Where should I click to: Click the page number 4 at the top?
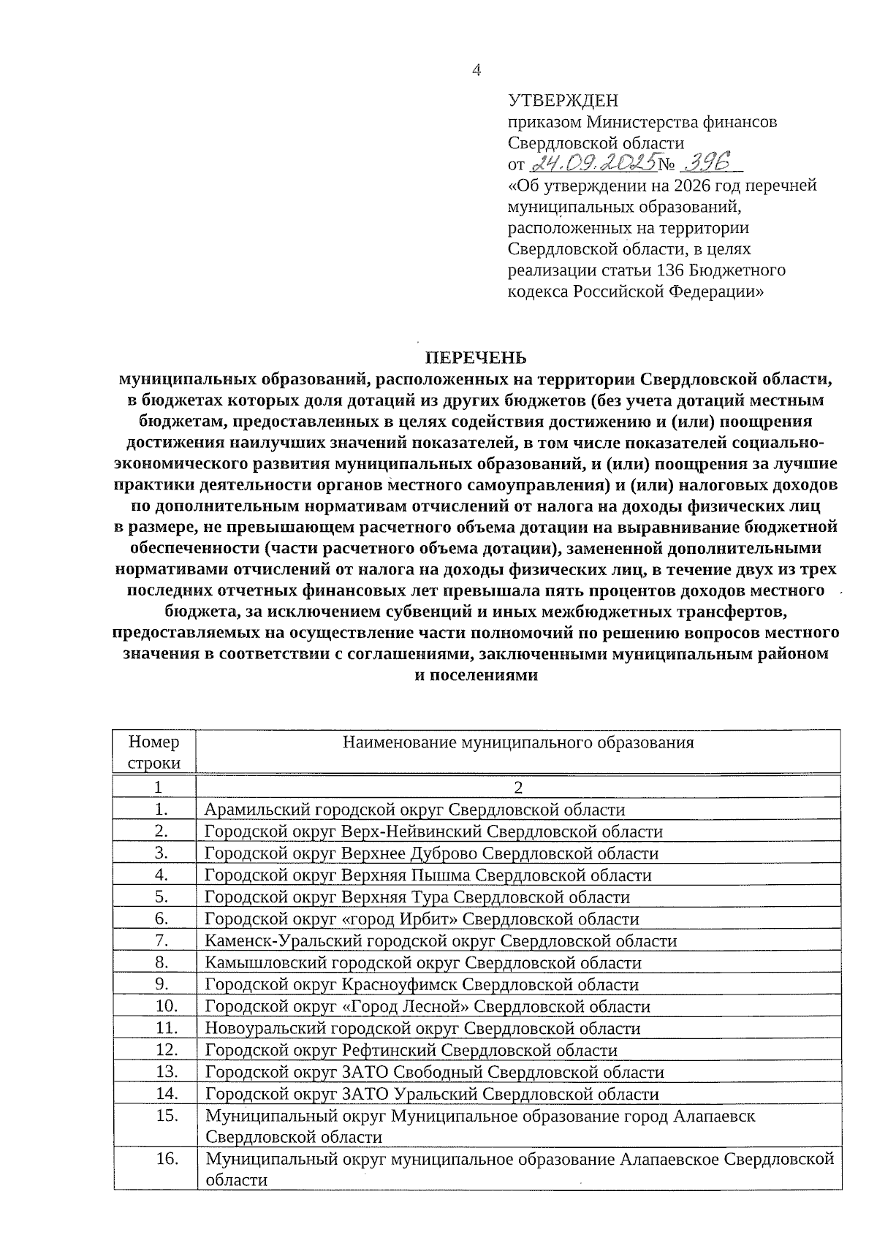click(x=477, y=70)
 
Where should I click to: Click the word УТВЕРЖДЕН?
click(x=563, y=100)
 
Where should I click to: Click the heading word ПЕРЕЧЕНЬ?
click(x=476, y=357)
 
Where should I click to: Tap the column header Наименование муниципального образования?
click(x=518, y=743)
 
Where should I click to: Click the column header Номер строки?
click(x=154, y=753)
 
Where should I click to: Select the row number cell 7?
click(x=162, y=940)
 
